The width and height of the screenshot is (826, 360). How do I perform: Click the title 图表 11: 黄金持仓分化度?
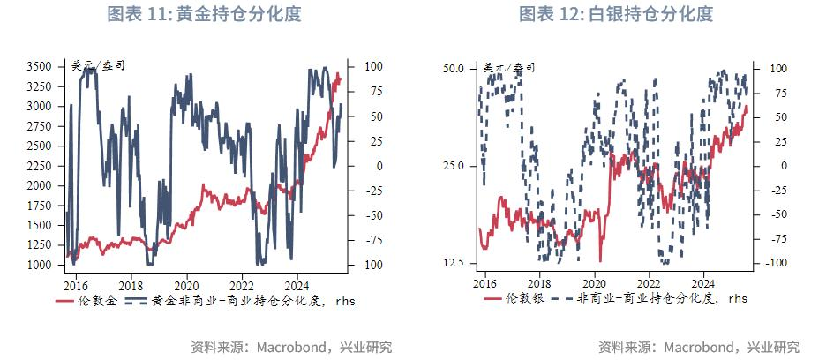204,14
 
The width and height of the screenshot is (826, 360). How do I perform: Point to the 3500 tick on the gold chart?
39,66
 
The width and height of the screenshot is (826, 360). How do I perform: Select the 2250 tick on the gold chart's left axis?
39,166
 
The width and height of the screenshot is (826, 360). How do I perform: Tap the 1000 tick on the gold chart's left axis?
39,266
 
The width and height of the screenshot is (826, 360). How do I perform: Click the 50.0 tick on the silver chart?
453,68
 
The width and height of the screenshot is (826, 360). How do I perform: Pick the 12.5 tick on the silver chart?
453,263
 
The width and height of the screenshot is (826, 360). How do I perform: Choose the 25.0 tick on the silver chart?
453,166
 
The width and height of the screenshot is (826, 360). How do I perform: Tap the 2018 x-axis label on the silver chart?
539,283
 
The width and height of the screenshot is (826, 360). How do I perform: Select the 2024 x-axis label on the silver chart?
702,283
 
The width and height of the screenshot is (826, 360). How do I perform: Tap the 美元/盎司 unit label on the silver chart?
509,67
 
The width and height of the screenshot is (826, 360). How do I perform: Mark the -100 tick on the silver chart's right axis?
774,263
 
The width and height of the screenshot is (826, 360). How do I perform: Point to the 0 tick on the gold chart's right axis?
355,166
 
